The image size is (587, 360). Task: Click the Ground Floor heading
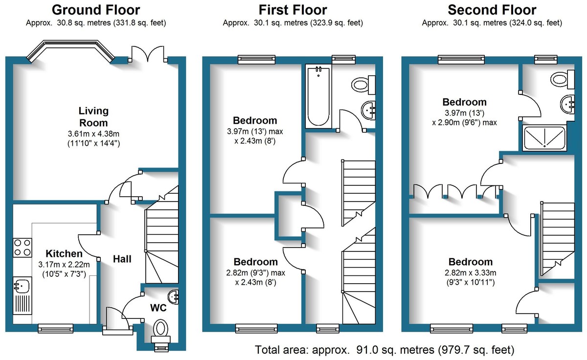(95, 10)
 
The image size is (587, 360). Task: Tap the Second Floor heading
(492, 10)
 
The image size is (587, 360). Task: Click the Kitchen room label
(64, 254)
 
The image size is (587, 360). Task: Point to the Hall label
(122, 259)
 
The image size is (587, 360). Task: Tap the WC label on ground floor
(158, 308)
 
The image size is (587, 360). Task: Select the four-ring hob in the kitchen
(22, 247)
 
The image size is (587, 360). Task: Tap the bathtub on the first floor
(318, 96)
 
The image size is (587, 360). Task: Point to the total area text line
(384, 350)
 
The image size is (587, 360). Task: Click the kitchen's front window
(55, 329)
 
